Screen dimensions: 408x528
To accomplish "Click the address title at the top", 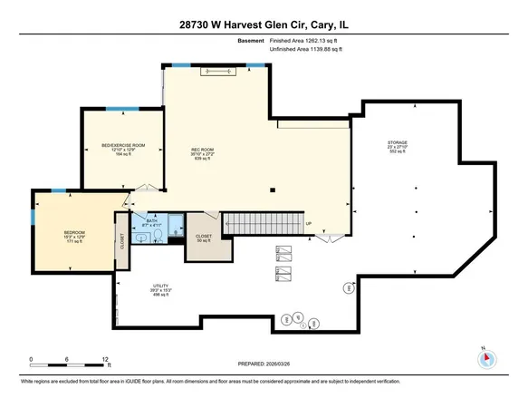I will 264,13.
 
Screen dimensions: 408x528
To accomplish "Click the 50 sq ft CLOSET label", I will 205,238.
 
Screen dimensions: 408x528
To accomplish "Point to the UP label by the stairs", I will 309,225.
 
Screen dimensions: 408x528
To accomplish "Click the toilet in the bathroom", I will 159,236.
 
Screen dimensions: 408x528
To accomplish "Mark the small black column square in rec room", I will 274,189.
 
